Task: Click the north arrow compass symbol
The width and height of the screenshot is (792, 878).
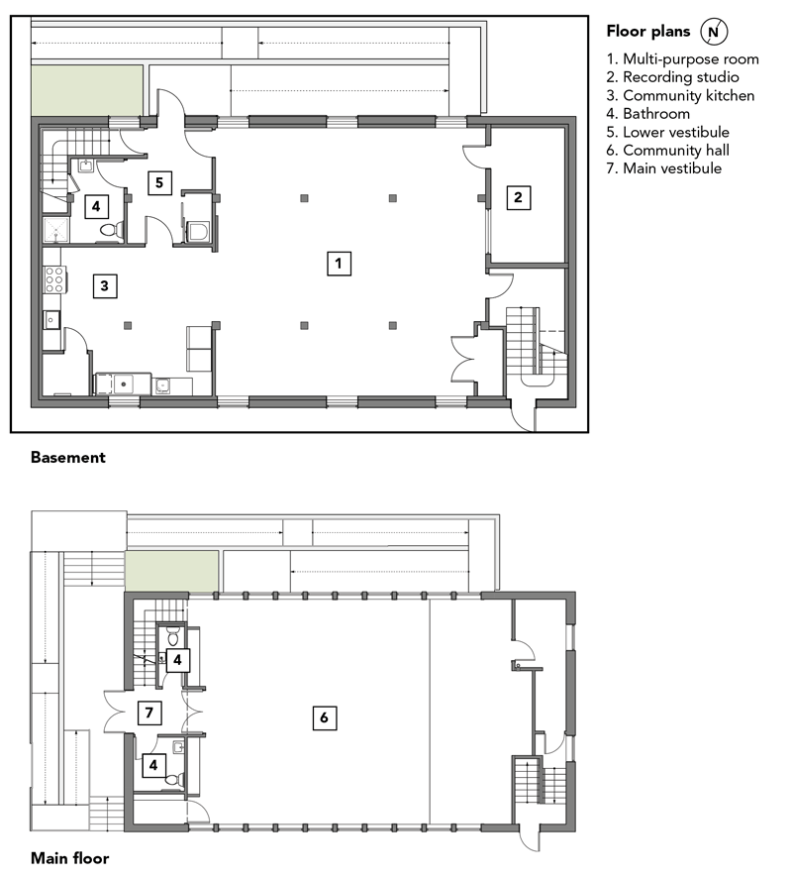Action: [714, 32]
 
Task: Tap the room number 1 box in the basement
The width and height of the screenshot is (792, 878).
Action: [339, 264]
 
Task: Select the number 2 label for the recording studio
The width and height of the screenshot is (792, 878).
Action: [518, 197]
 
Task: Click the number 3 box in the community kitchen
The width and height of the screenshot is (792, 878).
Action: [105, 286]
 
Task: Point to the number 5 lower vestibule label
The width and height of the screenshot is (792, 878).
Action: [159, 182]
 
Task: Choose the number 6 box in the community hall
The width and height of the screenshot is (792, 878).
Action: [325, 717]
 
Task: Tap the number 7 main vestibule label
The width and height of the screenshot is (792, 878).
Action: [149, 713]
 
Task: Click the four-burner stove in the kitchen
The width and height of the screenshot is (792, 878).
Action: [54, 278]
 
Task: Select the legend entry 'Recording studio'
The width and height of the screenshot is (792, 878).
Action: [673, 77]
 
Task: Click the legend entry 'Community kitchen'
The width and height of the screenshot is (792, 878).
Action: [680, 96]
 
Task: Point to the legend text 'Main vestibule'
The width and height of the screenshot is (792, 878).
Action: [664, 168]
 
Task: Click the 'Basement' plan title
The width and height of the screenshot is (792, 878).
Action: [68, 458]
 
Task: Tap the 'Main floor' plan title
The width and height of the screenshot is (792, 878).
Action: [70, 858]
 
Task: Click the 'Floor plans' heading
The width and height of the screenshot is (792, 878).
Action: [648, 32]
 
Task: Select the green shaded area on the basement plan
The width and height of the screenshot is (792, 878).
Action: [87, 91]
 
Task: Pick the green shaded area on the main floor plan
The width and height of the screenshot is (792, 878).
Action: [171, 571]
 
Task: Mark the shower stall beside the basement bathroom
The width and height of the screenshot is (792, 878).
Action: [55, 231]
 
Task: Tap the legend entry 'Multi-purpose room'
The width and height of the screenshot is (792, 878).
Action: [682, 59]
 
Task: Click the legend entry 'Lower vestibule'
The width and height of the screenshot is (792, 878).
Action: [668, 132]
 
